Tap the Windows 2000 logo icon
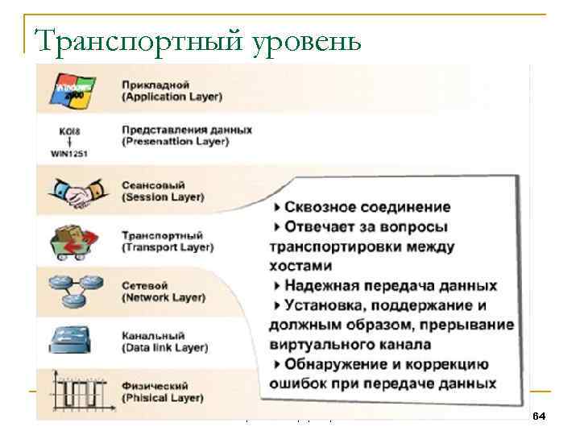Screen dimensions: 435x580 [x=74, y=89]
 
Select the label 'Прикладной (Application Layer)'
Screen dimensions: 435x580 [x=172, y=90]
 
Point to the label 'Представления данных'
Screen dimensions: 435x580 [x=186, y=129]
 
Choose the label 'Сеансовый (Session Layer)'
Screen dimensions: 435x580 [x=162, y=191]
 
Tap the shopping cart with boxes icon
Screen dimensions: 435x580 [x=76, y=240]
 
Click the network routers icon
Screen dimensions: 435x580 [x=76, y=289]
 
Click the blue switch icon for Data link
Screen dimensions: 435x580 [x=75, y=338]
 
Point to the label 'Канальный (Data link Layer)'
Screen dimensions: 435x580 [x=164, y=342]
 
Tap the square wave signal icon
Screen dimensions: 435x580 [x=75, y=391]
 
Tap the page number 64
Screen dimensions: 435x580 [x=539, y=415]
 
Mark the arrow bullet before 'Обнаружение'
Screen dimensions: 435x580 [x=277, y=364]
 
